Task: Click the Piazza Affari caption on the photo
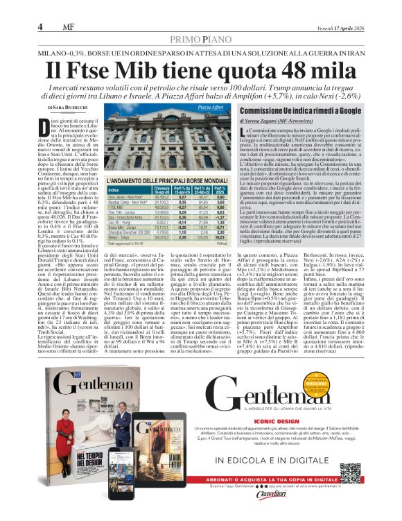pos(210,108)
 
